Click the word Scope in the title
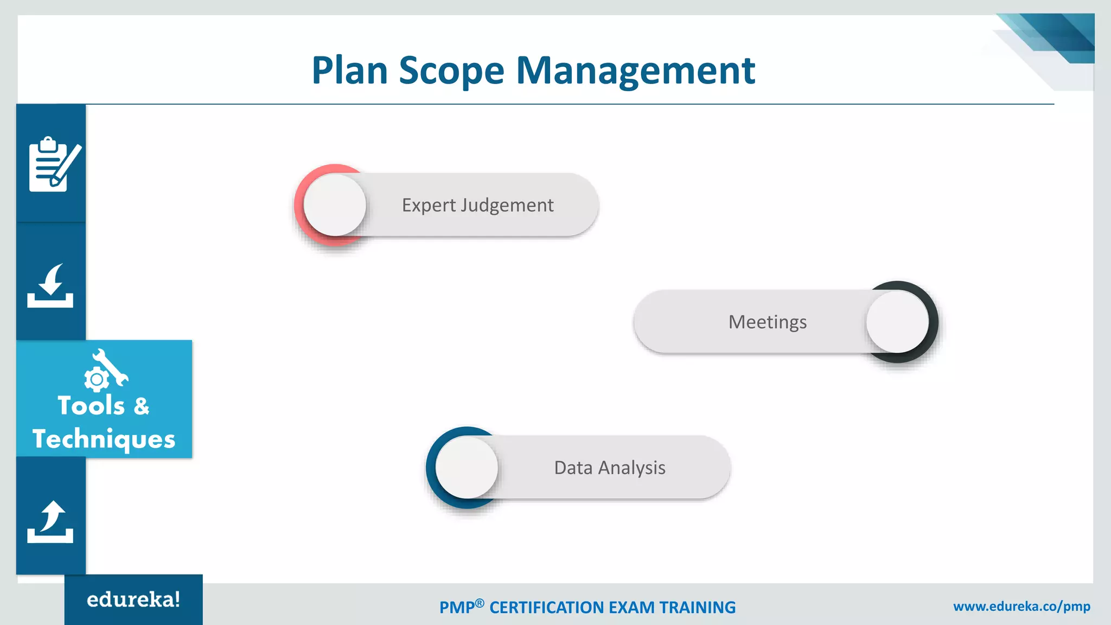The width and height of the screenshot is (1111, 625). click(451, 71)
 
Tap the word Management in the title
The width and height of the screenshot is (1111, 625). click(635, 71)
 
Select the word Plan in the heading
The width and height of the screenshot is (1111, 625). click(350, 71)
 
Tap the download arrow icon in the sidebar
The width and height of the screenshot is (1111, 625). click(50, 286)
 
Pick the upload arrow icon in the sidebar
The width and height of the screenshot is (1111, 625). click(50, 521)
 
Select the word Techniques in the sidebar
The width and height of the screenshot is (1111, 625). click(104, 438)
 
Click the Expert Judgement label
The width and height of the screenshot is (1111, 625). click(477, 205)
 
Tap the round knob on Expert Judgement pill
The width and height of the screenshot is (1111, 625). click(335, 205)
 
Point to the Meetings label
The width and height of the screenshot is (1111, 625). click(767, 322)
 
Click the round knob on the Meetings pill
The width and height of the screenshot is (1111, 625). click(897, 322)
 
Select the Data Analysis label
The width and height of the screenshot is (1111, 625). click(609, 468)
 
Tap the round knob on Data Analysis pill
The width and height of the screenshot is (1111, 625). click(467, 468)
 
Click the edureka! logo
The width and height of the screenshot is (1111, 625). click(133, 600)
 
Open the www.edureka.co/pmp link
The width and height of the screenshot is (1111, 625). click(1021, 607)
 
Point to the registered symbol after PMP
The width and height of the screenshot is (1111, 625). click(480, 603)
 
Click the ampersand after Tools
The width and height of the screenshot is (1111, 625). click(141, 406)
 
